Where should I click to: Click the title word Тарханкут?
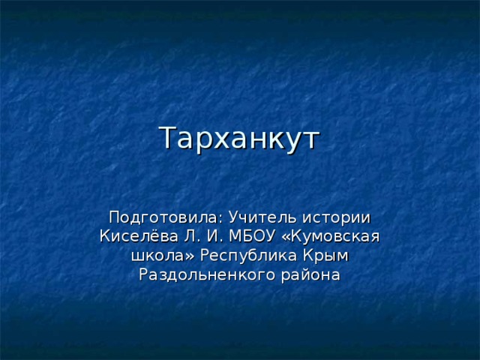click(x=239, y=138)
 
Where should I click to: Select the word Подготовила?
click(x=162, y=217)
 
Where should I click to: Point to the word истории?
click(x=337, y=217)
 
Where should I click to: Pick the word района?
click(x=310, y=275)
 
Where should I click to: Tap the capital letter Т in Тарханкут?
click(x=168, y=138)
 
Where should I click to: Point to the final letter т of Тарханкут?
click(x=312, y=140)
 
